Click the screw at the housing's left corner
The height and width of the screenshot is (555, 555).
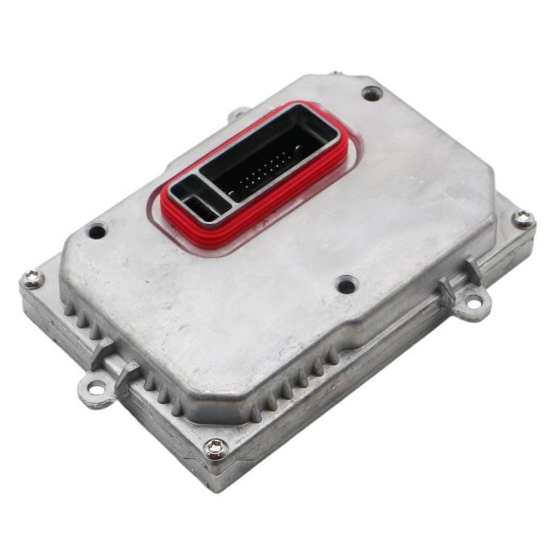32,279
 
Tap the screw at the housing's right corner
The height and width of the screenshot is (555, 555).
523,218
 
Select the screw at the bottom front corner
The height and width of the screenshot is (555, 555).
215,447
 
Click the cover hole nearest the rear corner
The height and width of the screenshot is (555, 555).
371,93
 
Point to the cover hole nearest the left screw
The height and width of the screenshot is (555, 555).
97,231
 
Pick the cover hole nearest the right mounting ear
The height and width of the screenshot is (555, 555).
346,284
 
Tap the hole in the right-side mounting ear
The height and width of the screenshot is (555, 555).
471,302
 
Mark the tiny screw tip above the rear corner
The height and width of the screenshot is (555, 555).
337,73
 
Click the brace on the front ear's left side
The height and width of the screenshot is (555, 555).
101,353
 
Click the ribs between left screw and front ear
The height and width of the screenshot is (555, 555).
75,317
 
